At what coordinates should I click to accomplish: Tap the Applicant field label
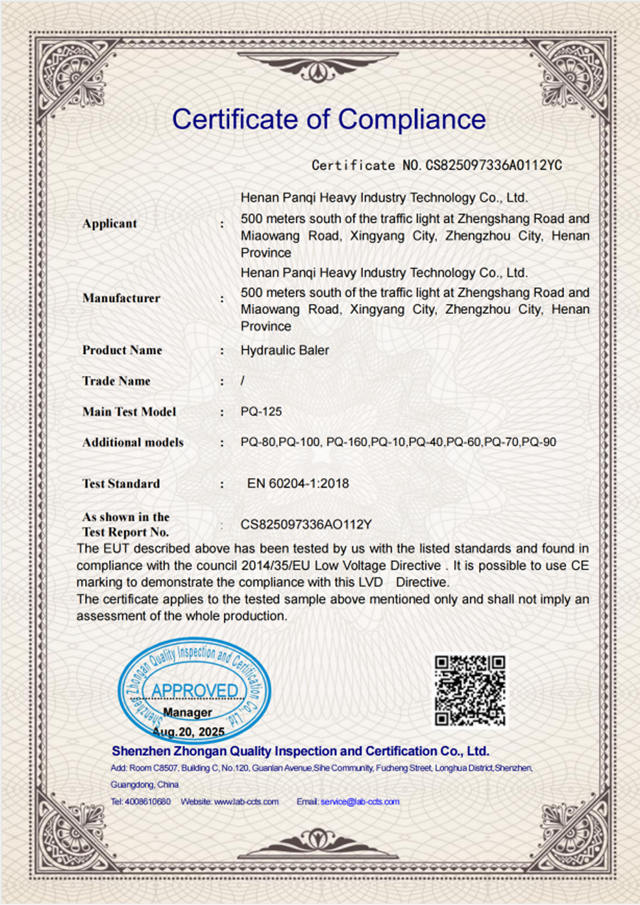[110, 223]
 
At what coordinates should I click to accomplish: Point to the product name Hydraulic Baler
[285, 350]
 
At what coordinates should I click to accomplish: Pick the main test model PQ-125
[261, 411]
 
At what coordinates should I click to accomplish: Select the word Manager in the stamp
[188, 712]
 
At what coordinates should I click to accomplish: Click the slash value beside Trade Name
[243, 381]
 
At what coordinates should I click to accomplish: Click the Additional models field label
[133, 442]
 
